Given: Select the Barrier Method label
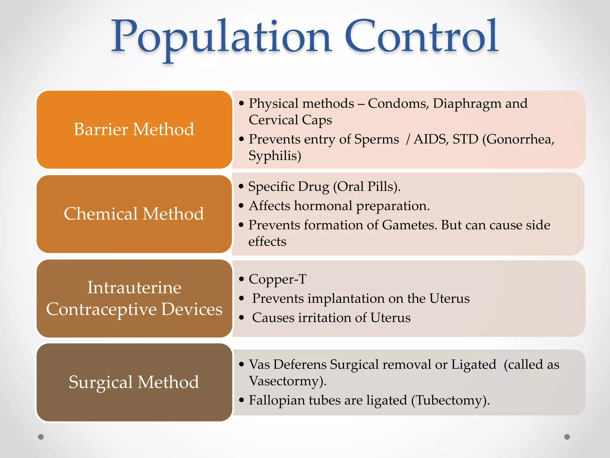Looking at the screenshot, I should tap(134, 129).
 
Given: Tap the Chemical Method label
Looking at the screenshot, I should tap(134, 214).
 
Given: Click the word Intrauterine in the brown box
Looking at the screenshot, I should tap(134, 288).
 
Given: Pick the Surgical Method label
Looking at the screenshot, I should tap(134, 382).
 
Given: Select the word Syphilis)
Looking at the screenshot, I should tap(275, 156).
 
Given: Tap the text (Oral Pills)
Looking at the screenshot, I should tap(367, 187).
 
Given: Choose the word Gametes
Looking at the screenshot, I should tap(410, 225).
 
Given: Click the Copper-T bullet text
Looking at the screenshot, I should tap(277, 279).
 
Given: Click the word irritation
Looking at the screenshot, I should tap(325, 318).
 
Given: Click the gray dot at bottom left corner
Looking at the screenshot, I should tap(41, 437).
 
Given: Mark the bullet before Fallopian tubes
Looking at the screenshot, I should tap(242, 400).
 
